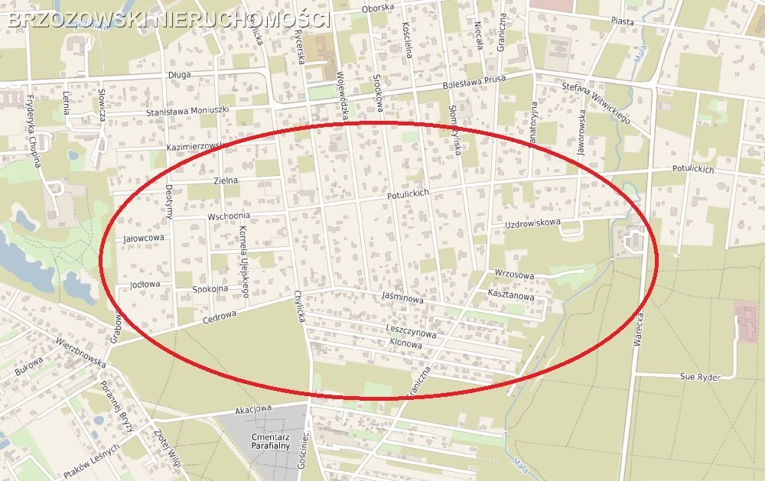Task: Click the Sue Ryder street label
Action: (700, 376)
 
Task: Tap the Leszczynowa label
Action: (411, 333)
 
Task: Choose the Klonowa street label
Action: (405, 345)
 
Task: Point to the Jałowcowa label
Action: (144, 239)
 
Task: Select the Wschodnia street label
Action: (229, 217)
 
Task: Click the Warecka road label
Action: (637, 330)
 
